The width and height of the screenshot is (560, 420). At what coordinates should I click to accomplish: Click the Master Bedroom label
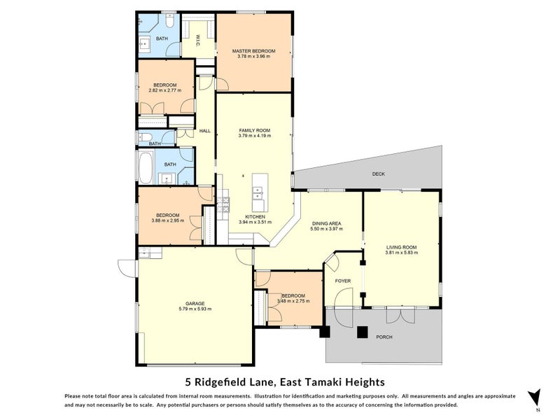pyautogui.click(x=253, y=51)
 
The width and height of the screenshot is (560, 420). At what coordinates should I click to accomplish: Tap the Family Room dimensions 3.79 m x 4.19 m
pyautogui.click(x=255, y=136)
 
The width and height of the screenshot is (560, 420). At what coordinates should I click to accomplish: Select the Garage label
pyautogui.click(x=195, y=304)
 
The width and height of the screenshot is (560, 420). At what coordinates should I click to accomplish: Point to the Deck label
pyautogui.click(x=379, y=174)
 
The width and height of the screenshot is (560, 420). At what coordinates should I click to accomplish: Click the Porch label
pyautogui.click(x=384, y=337)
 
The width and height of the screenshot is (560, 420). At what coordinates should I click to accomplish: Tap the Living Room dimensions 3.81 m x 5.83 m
pyautogui.click(x=401, y=253)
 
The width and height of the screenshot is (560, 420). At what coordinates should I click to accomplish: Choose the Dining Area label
pyautogui.click(x=326, y=223)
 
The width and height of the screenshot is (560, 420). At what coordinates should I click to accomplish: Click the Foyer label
pyautogui.click(x=343, y=281)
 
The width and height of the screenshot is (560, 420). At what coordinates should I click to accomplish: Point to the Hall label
pyautogui.click(x=204, y=131)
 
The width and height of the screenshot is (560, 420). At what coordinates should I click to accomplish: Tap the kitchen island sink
pyautogui.click(x=257, y=194)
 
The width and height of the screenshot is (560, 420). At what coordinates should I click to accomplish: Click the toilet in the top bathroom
pyautogui.click(x=169, y=21)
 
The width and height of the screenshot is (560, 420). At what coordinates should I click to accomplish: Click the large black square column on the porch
pyautogui.click(x=363, y=332)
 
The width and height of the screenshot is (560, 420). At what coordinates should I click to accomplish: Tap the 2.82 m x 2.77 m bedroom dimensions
pyautogui.click(x=164, y=90)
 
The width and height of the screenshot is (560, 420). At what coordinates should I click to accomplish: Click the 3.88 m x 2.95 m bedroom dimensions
pyautogui.click(x=167, y=220)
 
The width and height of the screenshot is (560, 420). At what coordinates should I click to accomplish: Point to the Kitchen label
pyautogui.click(x=255, y=217)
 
